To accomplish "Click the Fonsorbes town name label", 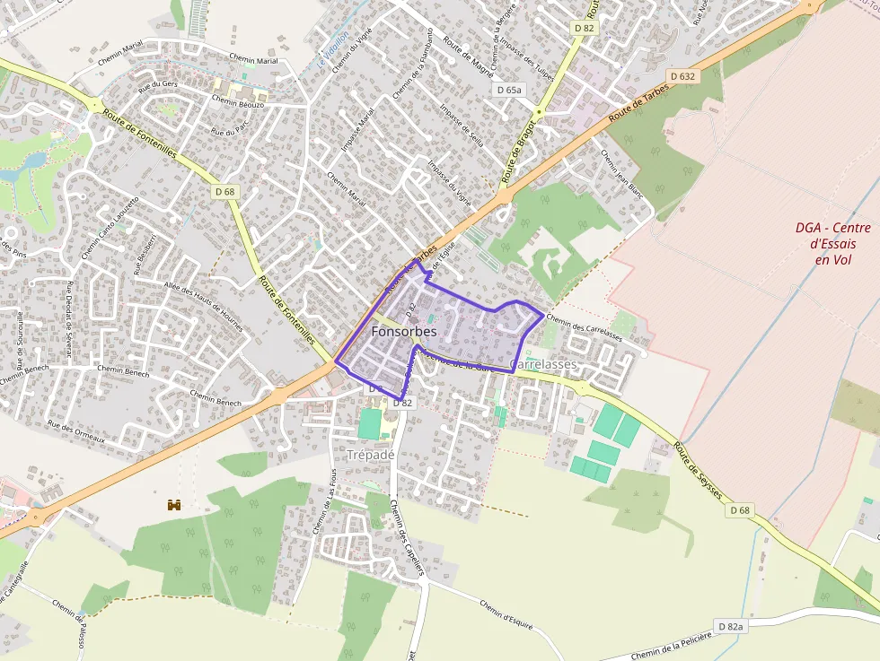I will [x=404, y=332].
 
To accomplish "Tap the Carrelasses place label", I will [x=542, y=365].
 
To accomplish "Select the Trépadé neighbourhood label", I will [x=371, y=455].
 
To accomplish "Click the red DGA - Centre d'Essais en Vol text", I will [x=832, y=243].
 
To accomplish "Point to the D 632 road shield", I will [x=682, y=77].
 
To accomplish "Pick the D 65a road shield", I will [x=509, y=90].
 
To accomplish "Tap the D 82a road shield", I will [x=731, y=625].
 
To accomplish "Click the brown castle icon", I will [x=174, y=505].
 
